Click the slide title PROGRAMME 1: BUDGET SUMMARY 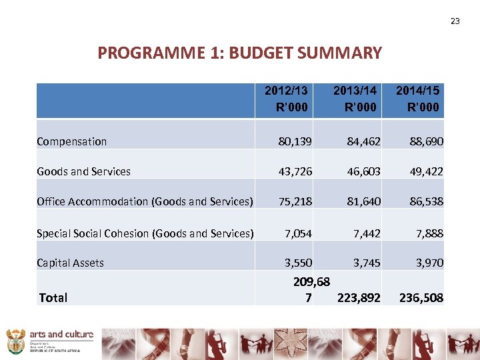[239, 53]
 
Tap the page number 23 [455, 21]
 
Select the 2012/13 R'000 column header [286, 99]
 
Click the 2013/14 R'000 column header [355, 99]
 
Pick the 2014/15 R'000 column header [417, 99]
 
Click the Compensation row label [72, 141]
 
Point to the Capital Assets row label [71, 263]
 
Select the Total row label [53, 298]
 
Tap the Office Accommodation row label [145, 201]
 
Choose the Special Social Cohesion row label [145, 233]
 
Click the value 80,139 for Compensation [294, 141]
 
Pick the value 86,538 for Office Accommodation [425, 201]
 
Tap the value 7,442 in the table [366, 233]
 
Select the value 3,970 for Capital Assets [429, 263]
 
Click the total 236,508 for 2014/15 [421, 298]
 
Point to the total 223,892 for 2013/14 [359, 298]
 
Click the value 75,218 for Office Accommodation [294, 201]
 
